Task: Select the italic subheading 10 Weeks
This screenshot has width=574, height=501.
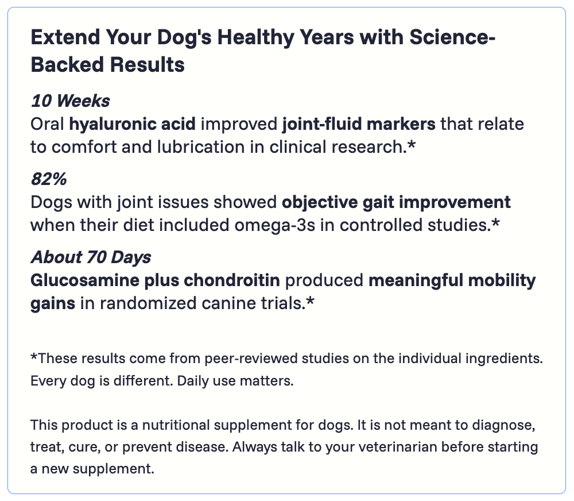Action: tap(70, 101)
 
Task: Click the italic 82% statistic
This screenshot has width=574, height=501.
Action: tap(49, 179)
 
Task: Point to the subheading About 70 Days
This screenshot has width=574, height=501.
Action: tap(91, 257)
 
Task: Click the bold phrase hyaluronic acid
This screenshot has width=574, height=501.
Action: tap(133, 124)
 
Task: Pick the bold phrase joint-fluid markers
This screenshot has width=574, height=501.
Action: tap(359, 124)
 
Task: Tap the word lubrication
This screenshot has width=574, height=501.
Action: tap(201, 147)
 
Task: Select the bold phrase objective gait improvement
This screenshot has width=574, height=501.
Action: tap(396, 202)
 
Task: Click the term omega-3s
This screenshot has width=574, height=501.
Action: tap(274, 225)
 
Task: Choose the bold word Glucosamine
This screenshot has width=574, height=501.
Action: tap(85, 280)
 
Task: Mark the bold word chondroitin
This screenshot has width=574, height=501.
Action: tap(232, 280)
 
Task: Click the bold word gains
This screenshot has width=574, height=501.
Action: tap(53, 304)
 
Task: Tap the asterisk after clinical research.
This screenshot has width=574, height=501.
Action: tap(412, 144)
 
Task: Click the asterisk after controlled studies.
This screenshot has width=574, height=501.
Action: tap(495, 222)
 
